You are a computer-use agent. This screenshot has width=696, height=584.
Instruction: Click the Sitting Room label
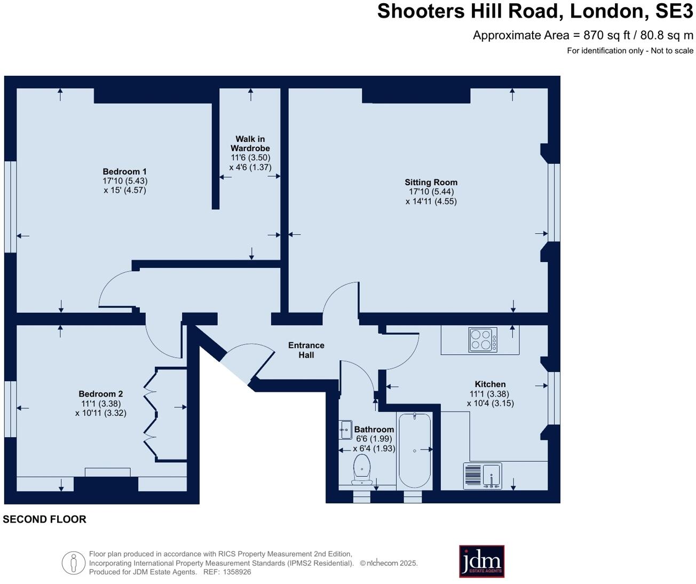point(431,183)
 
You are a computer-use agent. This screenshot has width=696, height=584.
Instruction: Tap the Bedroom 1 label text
point(124,171)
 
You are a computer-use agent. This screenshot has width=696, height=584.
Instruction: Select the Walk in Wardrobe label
point(250,144)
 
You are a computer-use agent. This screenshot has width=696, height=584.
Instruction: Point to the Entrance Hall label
point(306,350)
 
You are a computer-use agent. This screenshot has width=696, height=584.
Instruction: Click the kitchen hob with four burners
point(483,340)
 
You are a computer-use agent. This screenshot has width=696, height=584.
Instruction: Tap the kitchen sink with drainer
point(483,475)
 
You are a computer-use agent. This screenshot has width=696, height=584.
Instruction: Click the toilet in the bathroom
point(362,469)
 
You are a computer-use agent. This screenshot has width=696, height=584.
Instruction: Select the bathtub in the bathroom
point(414,449)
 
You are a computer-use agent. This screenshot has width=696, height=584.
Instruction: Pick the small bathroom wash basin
point(345,429)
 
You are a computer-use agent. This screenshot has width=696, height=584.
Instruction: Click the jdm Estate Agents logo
point(481,561)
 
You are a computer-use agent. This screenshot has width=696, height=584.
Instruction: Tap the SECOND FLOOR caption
point(44,519)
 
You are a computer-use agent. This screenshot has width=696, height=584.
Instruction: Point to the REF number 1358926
point(237,572)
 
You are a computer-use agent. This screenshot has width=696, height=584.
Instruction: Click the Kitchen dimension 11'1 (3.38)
point(490,394)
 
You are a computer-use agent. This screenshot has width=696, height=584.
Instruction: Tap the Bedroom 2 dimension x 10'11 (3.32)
point(101,413)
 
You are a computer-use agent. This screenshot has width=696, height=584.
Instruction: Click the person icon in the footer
point(74,563)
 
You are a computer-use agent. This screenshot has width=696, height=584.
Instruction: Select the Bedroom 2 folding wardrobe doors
point(150,414)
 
